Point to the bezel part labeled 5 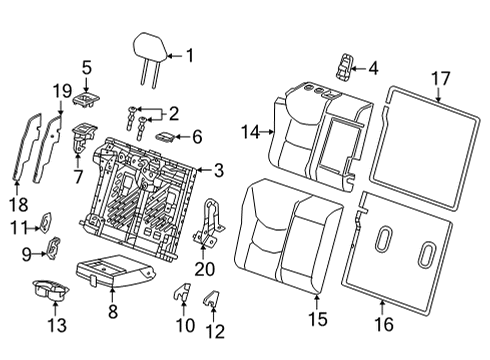point(88,98)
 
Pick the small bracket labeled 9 point(55,244)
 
